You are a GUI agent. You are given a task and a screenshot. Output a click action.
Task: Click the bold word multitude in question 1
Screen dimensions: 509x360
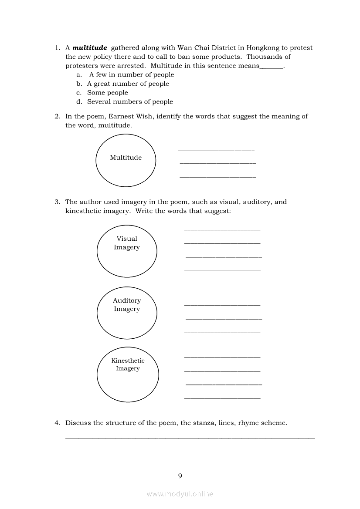coord(90,48)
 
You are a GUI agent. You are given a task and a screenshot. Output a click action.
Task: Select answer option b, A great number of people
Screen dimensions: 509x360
coord(128,84)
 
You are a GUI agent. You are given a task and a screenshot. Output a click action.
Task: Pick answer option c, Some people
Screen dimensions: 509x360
coord(107,93)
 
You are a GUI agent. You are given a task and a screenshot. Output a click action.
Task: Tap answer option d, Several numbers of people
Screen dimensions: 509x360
coord(130,102)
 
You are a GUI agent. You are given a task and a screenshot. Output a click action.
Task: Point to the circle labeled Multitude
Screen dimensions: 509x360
coord(126,160)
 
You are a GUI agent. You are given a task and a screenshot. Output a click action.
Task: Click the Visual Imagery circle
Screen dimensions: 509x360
coord(127,250)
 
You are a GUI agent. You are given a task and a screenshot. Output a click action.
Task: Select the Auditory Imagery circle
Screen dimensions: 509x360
coord(127,312)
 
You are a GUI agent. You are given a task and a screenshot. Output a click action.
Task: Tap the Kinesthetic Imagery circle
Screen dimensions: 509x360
coord(128,374)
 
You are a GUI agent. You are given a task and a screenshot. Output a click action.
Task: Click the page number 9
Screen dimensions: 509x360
coord(180,475)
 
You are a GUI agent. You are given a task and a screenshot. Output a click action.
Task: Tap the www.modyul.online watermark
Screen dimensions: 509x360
coord(180,494)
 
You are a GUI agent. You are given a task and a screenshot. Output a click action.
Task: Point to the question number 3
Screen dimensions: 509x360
coord(57,202)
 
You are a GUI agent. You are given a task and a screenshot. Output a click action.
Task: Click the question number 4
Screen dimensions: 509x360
coord(57,423)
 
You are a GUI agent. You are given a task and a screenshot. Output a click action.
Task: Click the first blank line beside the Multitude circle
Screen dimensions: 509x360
coord(216,149)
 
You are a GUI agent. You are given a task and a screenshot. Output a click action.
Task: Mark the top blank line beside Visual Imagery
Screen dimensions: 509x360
coord(222,229)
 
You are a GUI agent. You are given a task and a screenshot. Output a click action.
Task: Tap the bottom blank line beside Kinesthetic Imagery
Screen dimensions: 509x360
coord(222,398)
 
